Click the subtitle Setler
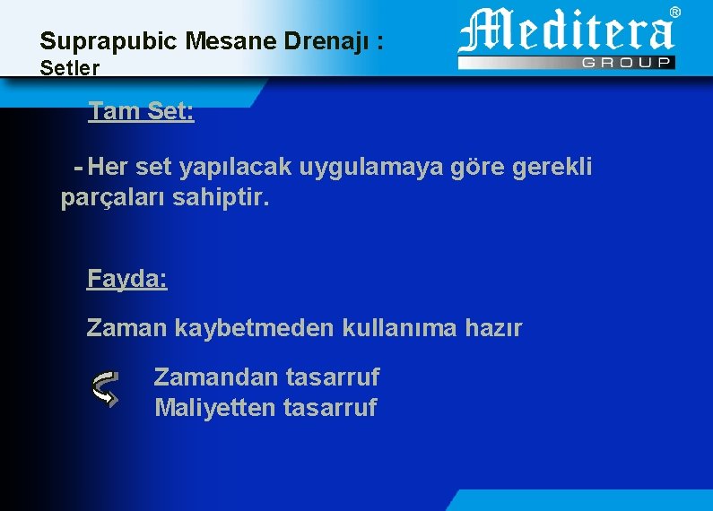pos(70,67)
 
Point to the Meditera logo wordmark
pos(566,32)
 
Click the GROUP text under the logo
pos(627,63)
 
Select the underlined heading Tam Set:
pos(141,113)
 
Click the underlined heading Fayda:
pos(126,279)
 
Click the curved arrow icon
pos(105,389)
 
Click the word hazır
pos(492,328)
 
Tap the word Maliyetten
pos(215,408)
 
